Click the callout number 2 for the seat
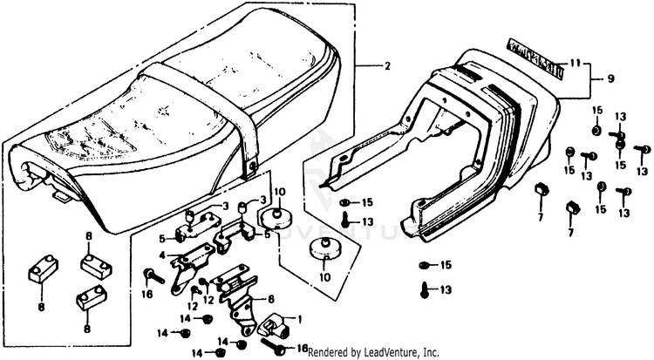point(388,67)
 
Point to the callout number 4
point(162,255)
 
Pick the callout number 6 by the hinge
point(271,297)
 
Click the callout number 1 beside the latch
point(302,320)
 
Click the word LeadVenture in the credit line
point(388,352)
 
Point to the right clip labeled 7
point(572,207)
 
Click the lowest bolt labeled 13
point(426,289)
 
